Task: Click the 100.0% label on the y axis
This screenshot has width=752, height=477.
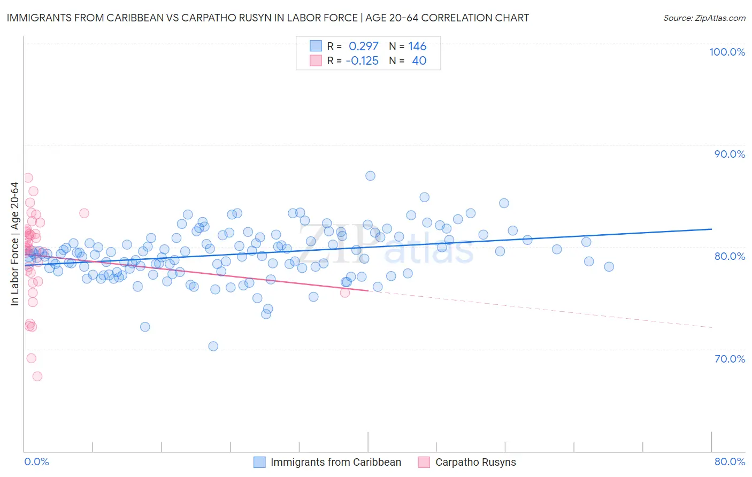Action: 727,52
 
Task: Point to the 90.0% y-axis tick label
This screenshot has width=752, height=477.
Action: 730,154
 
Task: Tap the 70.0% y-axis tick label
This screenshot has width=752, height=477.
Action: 730,359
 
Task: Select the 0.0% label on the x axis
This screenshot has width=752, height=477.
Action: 36,461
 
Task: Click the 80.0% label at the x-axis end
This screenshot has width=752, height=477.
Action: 730,461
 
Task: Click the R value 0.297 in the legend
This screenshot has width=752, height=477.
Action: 363,47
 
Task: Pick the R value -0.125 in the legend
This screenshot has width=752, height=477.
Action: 362,61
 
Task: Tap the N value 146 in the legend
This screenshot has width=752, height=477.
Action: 417,47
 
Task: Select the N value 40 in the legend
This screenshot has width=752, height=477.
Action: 419,61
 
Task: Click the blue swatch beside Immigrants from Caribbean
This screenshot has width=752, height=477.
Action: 259,462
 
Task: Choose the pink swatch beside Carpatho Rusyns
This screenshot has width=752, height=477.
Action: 424,462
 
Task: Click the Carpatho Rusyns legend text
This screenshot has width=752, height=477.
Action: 475,462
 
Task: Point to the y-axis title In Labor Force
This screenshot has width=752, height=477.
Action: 14,244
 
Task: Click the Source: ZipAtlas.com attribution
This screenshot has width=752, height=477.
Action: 704,18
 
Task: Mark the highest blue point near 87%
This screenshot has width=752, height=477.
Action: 370,176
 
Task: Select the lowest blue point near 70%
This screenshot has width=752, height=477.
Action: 213,346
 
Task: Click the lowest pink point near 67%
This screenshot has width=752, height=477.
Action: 37,376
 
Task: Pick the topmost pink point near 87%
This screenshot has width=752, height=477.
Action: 28,178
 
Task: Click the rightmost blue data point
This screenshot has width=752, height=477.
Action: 609,267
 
